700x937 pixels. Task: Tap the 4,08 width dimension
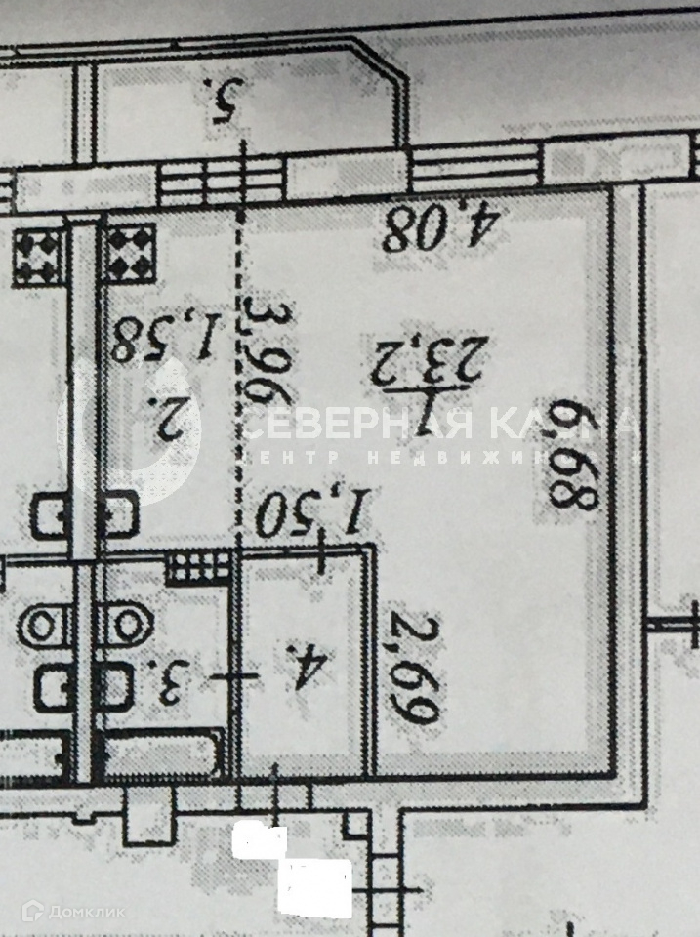tap(442, 230)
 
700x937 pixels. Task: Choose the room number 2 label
tap(175, 420)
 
